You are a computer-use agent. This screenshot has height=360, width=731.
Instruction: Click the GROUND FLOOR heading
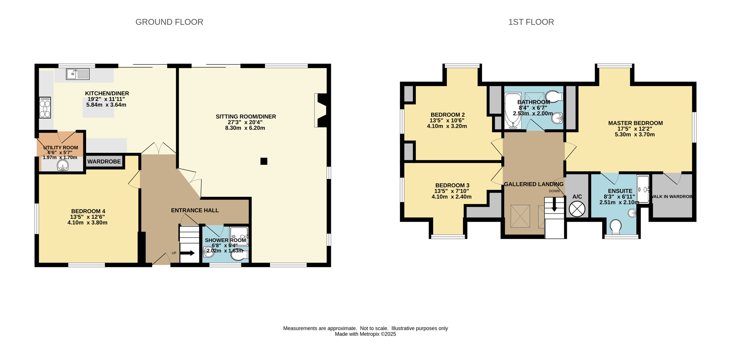[169, 22]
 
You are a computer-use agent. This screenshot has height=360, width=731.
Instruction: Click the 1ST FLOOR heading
[531, 22]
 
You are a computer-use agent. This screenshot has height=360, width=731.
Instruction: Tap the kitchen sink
[77, 74]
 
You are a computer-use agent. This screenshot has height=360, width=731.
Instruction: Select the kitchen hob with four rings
[45, 107]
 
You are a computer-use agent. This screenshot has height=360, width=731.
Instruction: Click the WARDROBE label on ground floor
[104, 161]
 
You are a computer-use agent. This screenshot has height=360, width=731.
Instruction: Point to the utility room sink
[63, 165]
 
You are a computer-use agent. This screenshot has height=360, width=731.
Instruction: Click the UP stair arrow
[188, 253]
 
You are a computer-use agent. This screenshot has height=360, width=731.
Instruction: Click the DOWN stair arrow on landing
[554, 205]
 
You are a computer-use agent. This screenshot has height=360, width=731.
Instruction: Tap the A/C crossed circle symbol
[577, 209]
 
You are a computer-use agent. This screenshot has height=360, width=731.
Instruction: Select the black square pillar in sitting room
[264, 161]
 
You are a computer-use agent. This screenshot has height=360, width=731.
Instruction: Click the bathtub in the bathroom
[513, 111]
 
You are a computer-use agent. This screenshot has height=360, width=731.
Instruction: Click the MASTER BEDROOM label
[635, 123]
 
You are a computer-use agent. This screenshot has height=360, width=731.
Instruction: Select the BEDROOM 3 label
[452, 185]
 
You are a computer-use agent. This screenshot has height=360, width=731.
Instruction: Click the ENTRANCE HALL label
[195, 210]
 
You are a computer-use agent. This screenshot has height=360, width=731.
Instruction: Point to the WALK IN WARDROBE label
[672, 196]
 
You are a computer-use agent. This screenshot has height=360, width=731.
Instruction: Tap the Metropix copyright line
[365, 334]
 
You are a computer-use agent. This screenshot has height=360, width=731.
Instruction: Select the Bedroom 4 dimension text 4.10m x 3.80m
[87, 222]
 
